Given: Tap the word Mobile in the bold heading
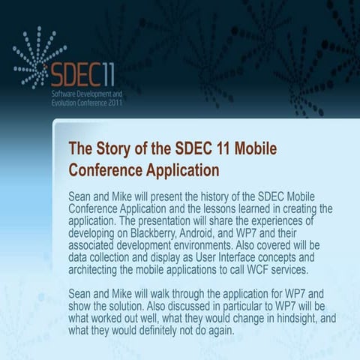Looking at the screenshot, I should click(252, 148).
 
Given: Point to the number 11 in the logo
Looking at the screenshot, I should click(107, 75).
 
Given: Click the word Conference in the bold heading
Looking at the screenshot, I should click(105, 169).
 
